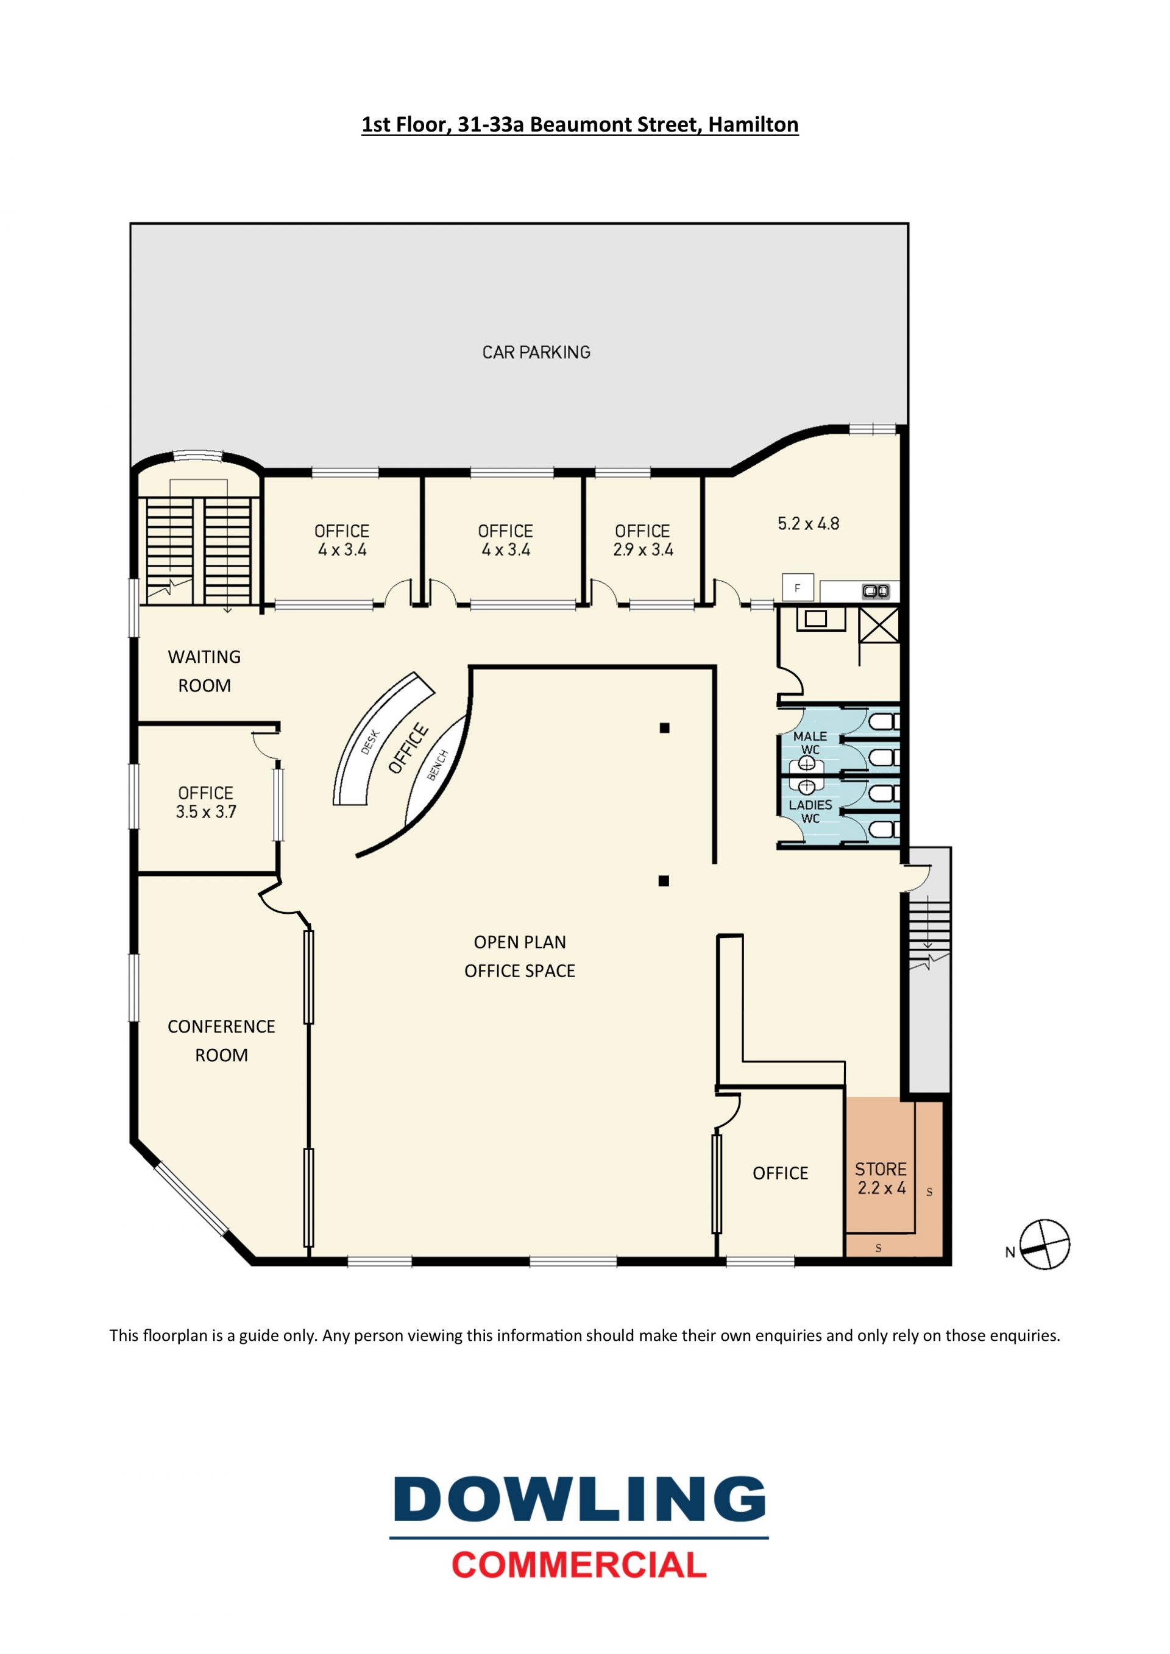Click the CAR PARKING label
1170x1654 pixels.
pos(536,352)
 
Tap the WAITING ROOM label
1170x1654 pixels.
pos(205,671)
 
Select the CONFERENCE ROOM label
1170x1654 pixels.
pos(221,1041)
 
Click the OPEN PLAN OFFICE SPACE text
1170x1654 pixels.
pos(519,956)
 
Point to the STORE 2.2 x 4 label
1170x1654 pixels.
pos(881,1179)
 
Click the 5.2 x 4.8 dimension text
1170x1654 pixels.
pos(809,524)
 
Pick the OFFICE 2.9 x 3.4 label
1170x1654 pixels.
pos(643,540)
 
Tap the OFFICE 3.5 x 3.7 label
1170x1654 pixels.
pos(206,802)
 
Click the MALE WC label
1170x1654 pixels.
pos(810,743)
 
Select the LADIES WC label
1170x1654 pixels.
pos(810,811)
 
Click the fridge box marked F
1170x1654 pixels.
pos(798,588)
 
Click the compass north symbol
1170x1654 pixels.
pos(1044,1244)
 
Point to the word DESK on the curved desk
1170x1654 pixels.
pos(370,742)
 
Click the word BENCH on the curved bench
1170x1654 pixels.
pos(438,765)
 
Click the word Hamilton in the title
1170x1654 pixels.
pos(753,125)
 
